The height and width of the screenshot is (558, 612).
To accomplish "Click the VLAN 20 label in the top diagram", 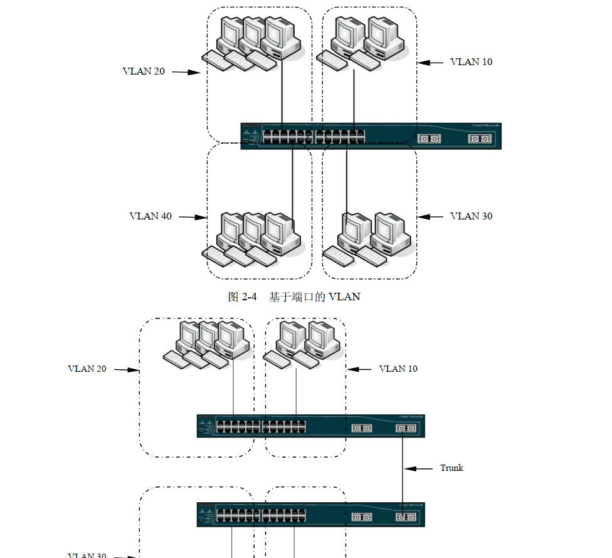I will point(144,71).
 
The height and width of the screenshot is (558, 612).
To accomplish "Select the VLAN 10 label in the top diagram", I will point(471,62).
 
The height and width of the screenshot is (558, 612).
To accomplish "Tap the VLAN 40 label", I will point(150,216).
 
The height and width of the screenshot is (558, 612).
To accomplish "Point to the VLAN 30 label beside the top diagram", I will point(471,216).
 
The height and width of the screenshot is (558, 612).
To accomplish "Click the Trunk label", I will point(451,468).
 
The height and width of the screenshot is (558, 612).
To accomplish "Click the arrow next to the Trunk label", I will point(418,468).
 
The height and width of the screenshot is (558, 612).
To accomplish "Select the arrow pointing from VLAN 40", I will point(193,218).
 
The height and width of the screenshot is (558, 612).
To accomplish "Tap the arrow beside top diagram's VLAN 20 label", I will point(186,72).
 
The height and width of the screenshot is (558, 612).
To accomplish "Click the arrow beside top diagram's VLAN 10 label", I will point(431,62).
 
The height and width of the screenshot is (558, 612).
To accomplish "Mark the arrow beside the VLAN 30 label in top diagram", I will point(431,217).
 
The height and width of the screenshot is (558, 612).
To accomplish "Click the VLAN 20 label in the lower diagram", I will point(87,369).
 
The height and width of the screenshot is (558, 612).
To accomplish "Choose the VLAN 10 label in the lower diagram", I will point(398,369).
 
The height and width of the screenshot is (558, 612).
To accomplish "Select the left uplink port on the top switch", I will point(429,139).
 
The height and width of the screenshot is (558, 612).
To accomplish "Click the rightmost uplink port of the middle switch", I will point(405,428).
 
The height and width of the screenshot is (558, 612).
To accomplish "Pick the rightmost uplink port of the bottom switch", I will point(405,517).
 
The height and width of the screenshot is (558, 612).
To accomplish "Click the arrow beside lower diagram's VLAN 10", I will point(360,369).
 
